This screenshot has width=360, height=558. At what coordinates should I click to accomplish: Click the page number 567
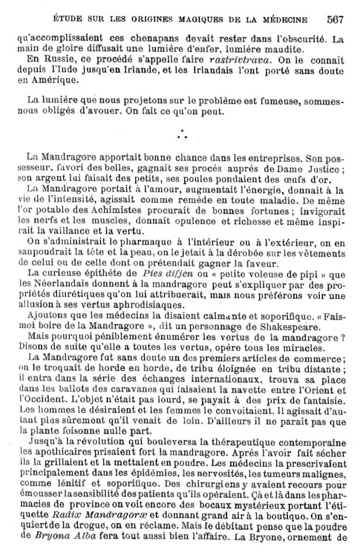(x=335, y=20)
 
